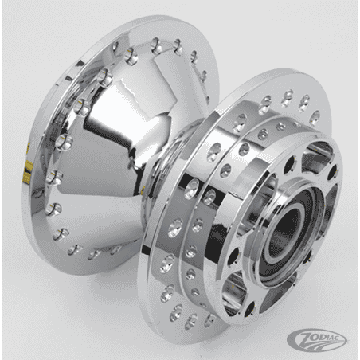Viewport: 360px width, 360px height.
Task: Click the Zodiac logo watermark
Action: (x=317, y=340)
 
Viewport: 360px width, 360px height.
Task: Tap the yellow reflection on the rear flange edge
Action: (x=27, y=167)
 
